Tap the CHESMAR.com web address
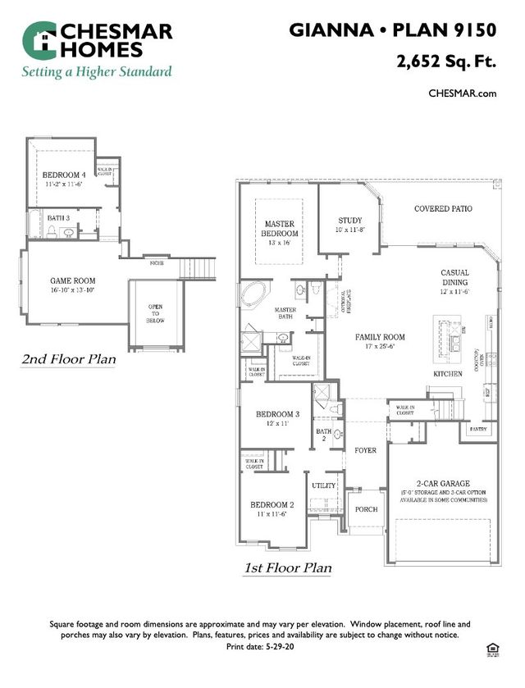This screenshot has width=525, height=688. click(463, 93)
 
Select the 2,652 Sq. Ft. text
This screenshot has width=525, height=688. click(446, 62)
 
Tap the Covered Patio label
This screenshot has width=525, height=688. click(443, 209)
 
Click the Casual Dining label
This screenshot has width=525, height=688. click(454, 281)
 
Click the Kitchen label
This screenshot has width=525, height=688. click(448, 373)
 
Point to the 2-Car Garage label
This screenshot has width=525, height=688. click(444, 483)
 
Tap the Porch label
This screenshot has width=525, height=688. click(366, 509)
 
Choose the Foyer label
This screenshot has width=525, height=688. click(364, 450)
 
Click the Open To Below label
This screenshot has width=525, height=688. click(155, 312)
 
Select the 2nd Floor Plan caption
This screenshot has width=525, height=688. click(68, 359)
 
